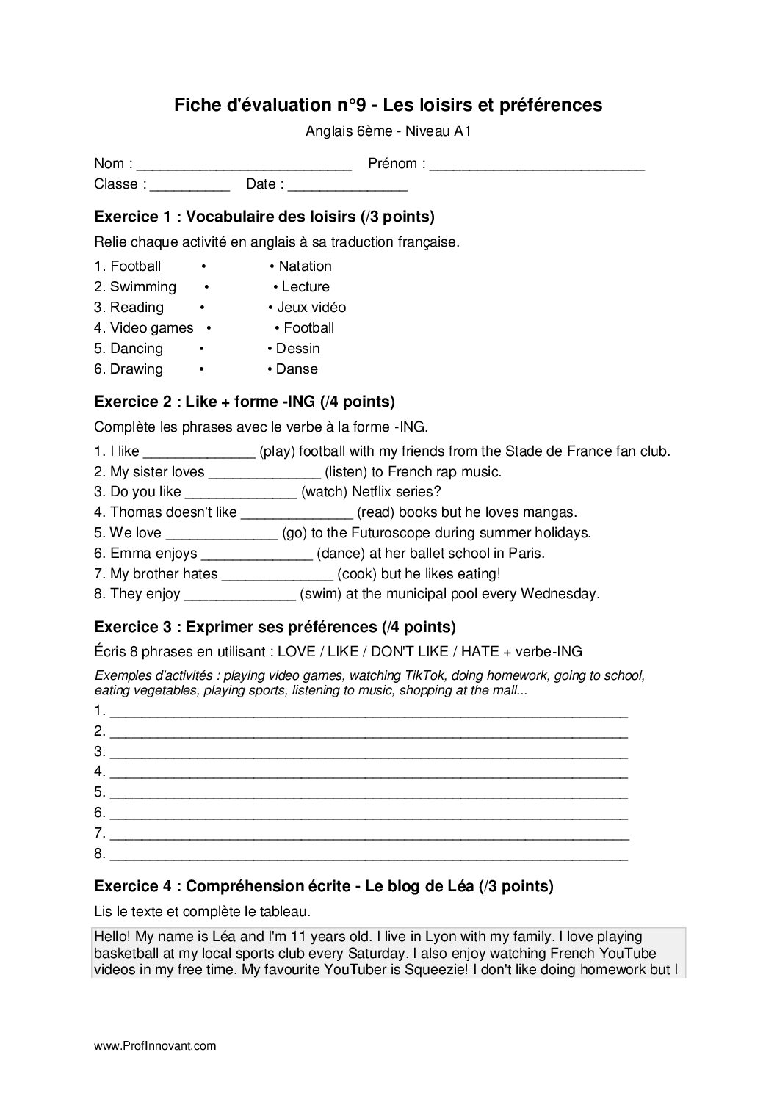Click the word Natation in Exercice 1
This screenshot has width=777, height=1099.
point(305,266)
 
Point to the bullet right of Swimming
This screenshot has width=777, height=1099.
point(207,287)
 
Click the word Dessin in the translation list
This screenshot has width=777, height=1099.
point(297,349)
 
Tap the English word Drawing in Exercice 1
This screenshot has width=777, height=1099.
point(137,369)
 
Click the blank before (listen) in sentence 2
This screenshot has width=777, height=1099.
point(264,473)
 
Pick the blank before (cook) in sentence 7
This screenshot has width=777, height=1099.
point(277,575)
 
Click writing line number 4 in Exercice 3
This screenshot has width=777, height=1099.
point(369,772)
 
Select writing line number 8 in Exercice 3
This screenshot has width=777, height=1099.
point(369,855)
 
